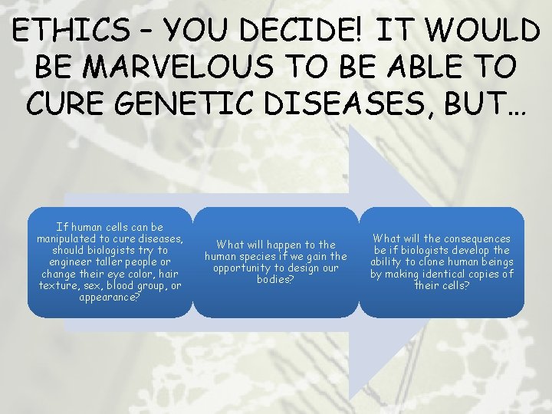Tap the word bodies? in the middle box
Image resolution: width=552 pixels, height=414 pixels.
tap(274, 279)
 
